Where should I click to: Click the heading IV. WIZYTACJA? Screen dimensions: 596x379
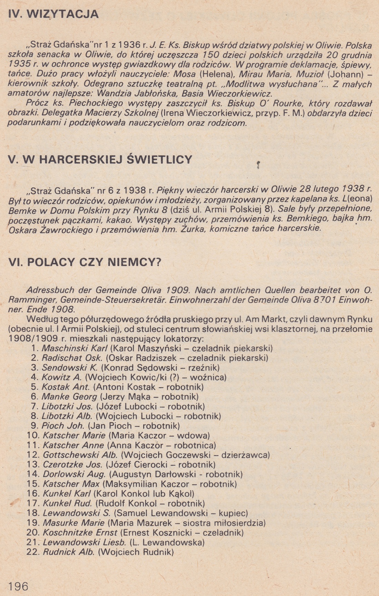pyautogui.click(x=53, y=14)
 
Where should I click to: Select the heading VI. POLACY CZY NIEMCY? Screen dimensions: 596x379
pyautogui.click(x=84, y=262)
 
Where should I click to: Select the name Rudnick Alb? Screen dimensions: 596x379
pyautogui.click(x=69, y=552)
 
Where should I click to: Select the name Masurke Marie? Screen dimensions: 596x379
pyautogui.click(x=74, y=523)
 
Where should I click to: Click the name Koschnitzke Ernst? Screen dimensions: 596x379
pyautogui.click(x=80, y=533)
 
